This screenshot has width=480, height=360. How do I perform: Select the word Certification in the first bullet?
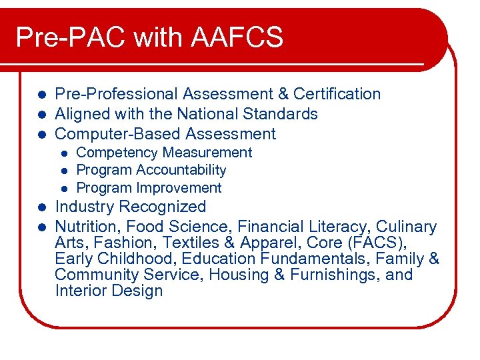(x=337, y=94)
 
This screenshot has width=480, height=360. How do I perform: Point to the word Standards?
(x=282, y=114)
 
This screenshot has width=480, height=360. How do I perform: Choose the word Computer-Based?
(x=117, y=134)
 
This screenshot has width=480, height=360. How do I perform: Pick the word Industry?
(x=82, y=207)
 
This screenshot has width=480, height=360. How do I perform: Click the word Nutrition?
(x=86, y=227)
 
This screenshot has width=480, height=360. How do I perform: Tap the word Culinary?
(x=407, y=227)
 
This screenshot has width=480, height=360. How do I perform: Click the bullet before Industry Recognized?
(x=41, y=207)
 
